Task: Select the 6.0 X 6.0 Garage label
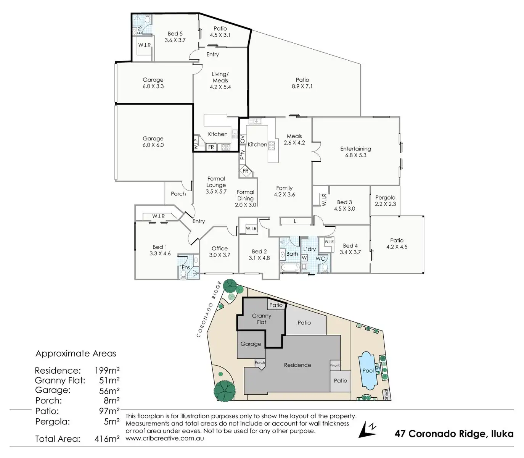(x=153, y=142)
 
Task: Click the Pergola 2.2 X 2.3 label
(x=385, y=201)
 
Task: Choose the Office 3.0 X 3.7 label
(x=220, y=252)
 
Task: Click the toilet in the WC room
(x=325, y=268)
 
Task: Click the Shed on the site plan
(x=386, y=394)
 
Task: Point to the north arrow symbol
(x=368, y=429)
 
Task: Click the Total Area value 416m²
(x=107, y=439)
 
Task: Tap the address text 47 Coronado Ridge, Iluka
(x=454, y=434)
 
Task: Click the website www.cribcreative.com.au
(x=164, y=438)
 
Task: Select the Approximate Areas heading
(x=76, y=353)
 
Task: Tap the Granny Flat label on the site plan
(x=262, y=319)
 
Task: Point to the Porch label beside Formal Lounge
(x=178, y=194)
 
